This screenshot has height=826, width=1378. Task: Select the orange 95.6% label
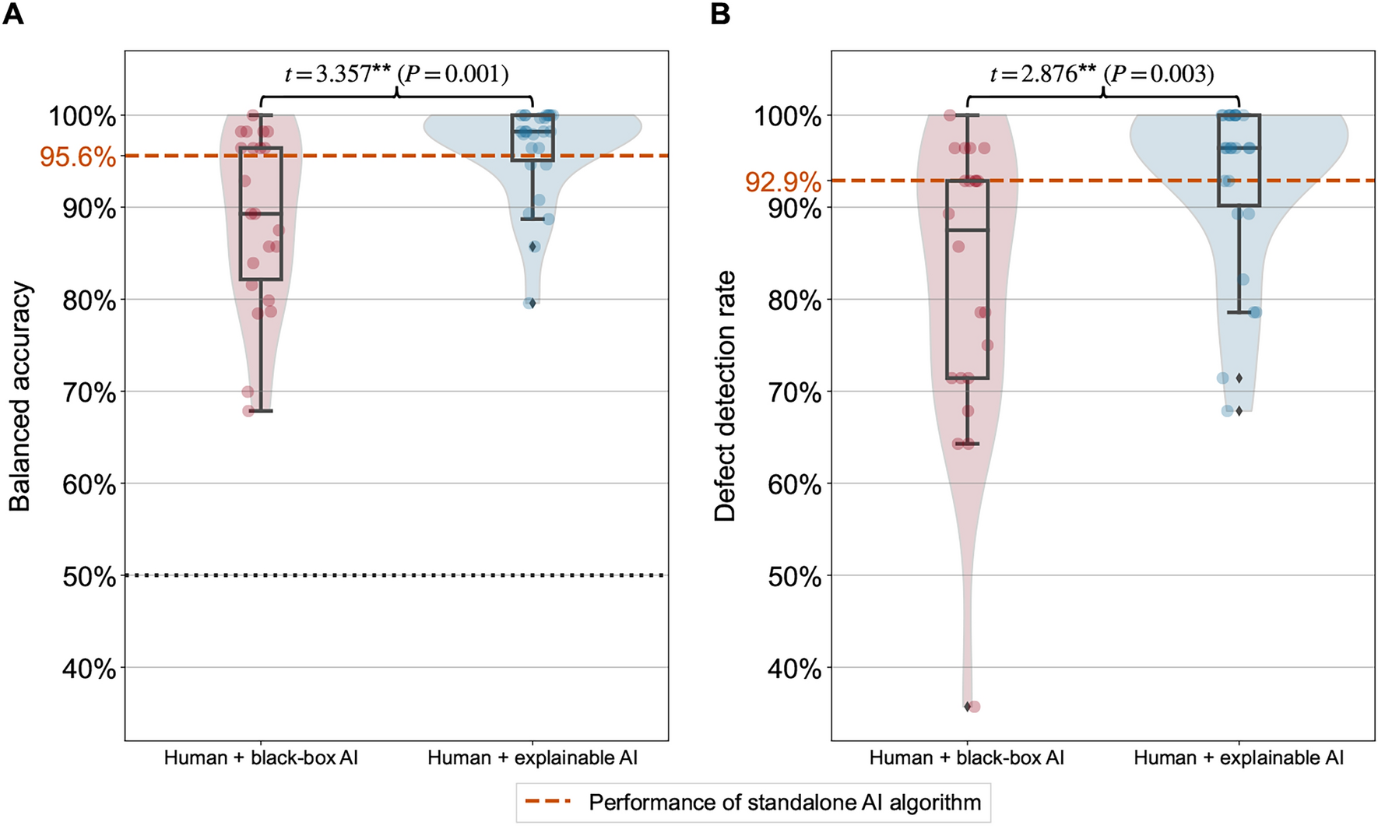click(78, 156)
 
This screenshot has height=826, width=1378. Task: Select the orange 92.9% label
click(782, 182)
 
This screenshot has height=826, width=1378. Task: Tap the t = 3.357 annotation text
click(396, 74)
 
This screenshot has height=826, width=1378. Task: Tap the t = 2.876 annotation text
click(1102, 74)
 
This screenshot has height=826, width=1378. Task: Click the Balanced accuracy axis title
click(20, 396)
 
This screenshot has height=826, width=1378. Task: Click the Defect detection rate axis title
click(725, 396)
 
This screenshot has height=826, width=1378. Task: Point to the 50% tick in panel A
click(89, 576)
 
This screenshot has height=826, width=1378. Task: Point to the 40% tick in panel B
click(795, 668)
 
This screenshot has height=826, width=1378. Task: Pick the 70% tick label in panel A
click(89, 392)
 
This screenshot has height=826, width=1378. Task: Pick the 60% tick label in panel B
click(795, 484)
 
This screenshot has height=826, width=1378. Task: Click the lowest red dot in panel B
click(974, 706)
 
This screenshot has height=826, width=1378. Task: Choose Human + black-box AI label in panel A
click(261, 757)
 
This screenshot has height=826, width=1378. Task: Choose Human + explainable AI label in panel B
click(1239, 757)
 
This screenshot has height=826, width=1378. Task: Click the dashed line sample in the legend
click(549, 802)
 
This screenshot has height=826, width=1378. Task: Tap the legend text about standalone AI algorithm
click(784, 802)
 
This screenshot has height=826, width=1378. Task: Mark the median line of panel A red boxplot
click(260, 213)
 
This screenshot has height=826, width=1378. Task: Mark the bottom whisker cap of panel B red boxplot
click(967, 444)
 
